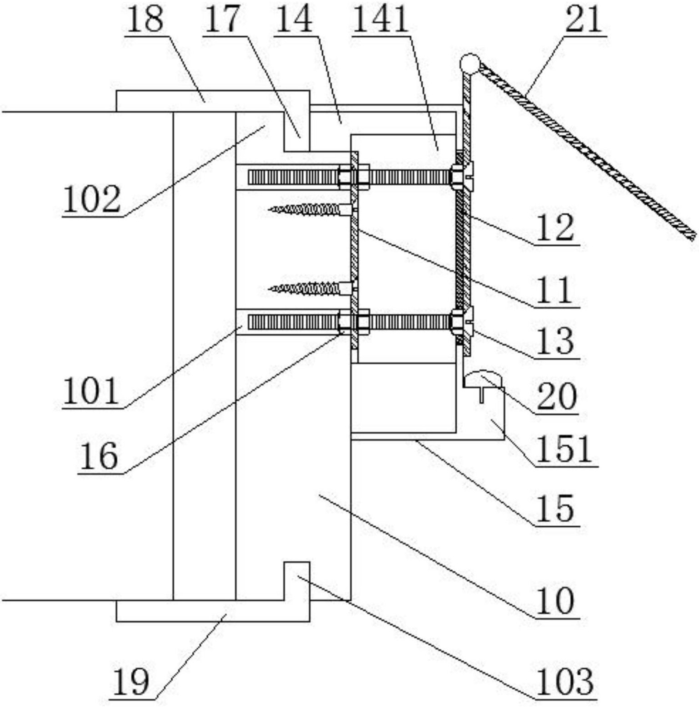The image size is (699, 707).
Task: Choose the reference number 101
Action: [91, 392]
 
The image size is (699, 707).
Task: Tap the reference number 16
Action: [99, 456]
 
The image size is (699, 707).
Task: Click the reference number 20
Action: [557, 396]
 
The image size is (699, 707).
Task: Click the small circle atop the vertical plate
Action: [469, 63]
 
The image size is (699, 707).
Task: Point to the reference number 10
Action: [555, 600]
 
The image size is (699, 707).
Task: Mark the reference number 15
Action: [555, 509]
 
